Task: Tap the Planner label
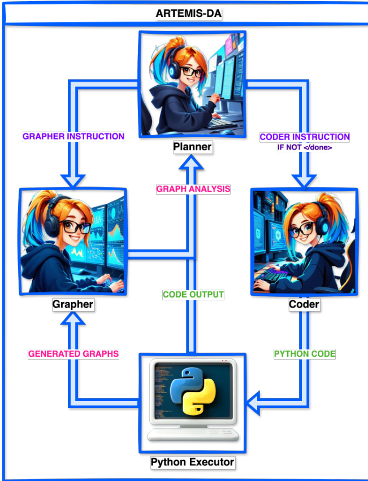coord(193,147)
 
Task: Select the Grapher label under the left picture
coord(73,305)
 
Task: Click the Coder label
coord(304,305)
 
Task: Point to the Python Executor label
coord(192,463)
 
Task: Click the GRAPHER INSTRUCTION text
coord(73,136)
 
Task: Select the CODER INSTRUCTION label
coord(305,137)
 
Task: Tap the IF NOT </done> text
coord(305,148)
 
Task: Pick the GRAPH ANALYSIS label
coord(193,189)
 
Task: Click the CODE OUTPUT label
coord(193,295)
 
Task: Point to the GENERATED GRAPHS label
coord(74,354)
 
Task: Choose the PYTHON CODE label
coord(305,354)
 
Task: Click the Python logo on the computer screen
coord(193,392)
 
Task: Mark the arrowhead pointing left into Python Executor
coord(257,404)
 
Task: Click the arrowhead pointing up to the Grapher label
coord(74,321)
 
